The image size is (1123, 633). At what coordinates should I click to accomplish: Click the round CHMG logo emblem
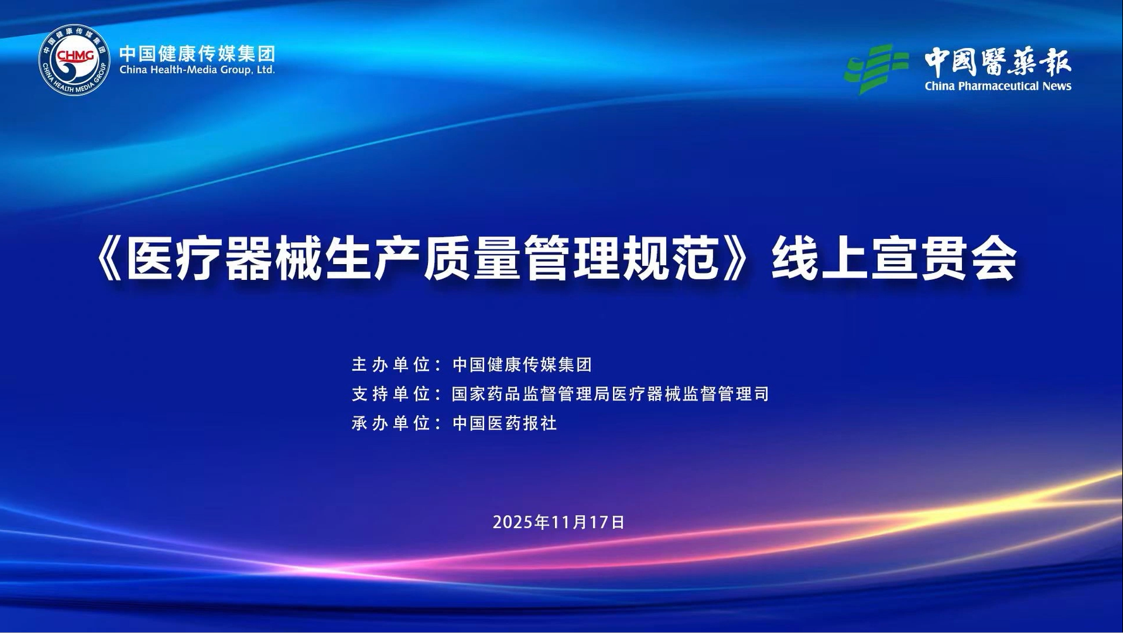pos(75,60)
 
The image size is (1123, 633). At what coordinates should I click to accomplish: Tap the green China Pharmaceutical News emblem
pos(877,68)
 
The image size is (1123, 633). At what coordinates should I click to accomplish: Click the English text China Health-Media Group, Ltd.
pos(197,70)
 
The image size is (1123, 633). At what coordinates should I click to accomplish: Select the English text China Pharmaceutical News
pos(998,86)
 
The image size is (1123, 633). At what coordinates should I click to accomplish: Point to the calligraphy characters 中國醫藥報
pos(998,62)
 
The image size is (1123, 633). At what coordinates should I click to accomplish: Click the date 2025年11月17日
pos(559,522)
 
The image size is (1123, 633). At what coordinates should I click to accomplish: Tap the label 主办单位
pos(391,365)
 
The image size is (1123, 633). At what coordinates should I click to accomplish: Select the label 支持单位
pos(391,394)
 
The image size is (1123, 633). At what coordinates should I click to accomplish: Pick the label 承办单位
pos(391,423)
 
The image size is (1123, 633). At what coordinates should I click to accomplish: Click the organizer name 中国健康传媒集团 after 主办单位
pos(522,365)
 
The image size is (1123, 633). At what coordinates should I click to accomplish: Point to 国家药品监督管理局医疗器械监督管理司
pos(610,394)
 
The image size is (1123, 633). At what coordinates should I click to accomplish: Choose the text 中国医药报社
pos(504,423)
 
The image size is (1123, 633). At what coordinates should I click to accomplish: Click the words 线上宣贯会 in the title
pos(894,258)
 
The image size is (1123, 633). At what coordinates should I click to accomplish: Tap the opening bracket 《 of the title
pos(111,258)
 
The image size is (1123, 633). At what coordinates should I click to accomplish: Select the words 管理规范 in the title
pos(622,258)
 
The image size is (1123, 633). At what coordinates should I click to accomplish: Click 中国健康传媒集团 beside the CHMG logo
pos(197,53)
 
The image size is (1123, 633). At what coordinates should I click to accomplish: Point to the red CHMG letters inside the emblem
pos(75,56)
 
